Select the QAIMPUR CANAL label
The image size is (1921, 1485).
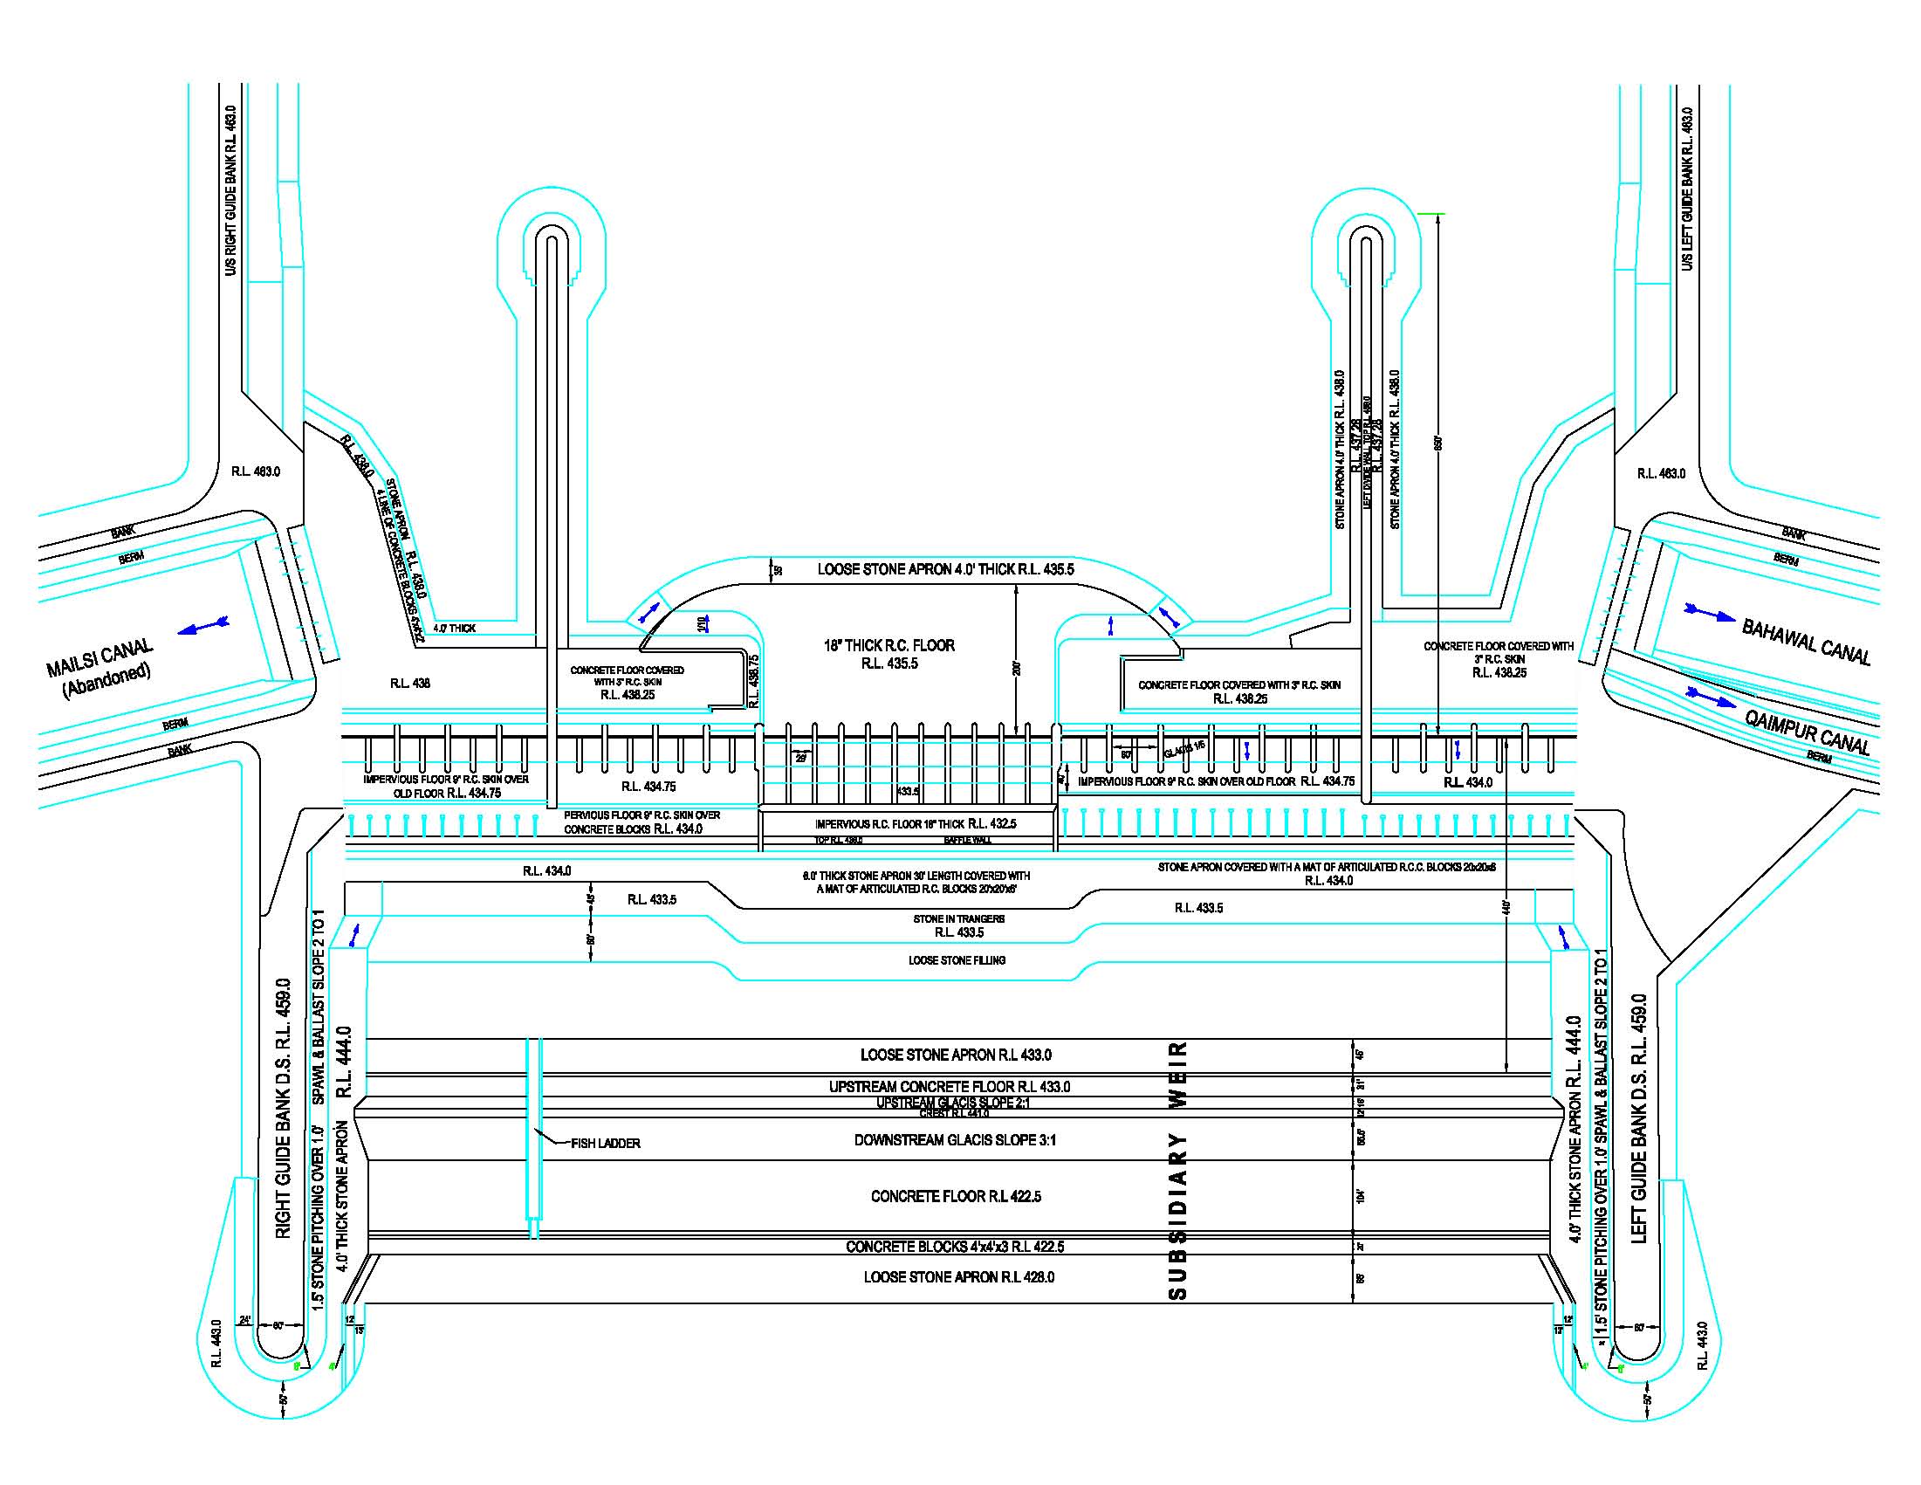coord(1807,731)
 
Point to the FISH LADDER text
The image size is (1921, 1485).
coord(605,1143)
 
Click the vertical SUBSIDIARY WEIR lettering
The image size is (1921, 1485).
coord(1177,1171)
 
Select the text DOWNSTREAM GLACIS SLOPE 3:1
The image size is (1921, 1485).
coord(954,1139)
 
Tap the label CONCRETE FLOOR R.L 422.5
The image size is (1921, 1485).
coord(955,1195)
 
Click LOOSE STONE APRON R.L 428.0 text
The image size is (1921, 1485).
coord(957,1276)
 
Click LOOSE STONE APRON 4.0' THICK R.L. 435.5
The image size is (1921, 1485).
coord(944,569)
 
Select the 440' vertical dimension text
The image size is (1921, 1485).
coord(1505,906)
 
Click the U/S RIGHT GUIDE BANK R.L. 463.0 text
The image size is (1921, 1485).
coord(230,190)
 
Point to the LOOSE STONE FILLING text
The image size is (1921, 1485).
coord(956,959)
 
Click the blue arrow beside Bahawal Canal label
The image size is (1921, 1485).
coord(1709,612)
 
